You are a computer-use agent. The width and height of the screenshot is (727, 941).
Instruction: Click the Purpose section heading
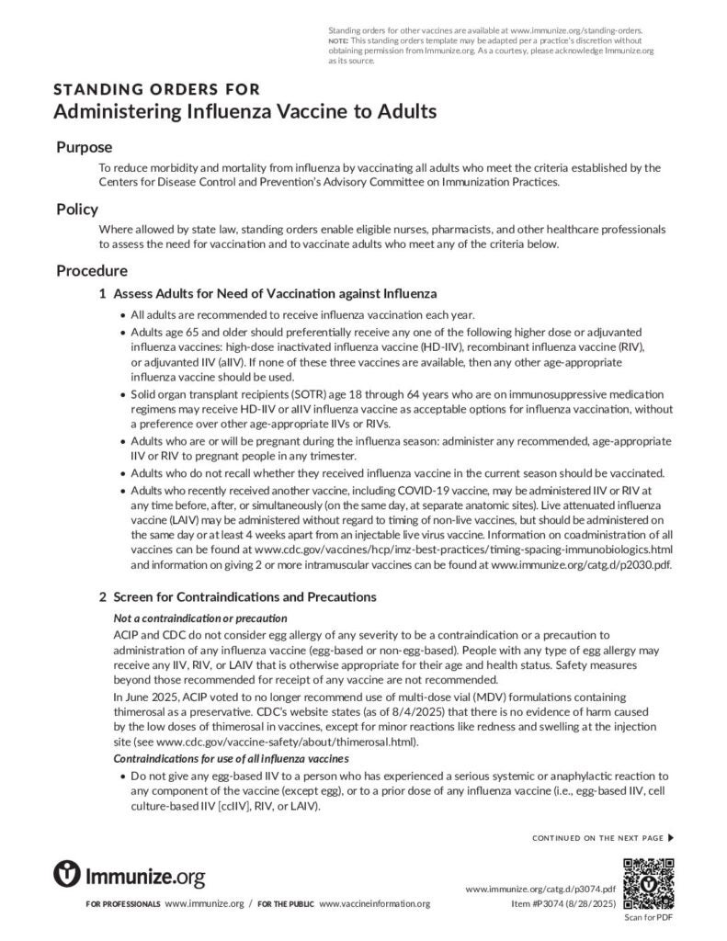click(x=85, y=147)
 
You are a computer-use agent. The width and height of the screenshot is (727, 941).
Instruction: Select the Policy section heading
click(x=77, y=209)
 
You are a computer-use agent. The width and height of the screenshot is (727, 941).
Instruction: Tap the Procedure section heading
click(x=92, y=271)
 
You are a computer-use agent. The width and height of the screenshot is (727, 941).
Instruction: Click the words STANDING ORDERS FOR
click(x=157, y=89)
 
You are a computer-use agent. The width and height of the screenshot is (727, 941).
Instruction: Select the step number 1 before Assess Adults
click(x=102, y=293)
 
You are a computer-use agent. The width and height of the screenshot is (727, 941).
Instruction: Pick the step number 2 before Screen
click(x=102, y=596)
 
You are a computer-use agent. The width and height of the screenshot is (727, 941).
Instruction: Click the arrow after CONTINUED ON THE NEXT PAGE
click(x=671, y=837)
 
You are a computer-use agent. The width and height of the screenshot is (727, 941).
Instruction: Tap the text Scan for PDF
click(x=649, y=917)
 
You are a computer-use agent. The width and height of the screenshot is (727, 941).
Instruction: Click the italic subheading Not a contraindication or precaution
click(x=199, y=618)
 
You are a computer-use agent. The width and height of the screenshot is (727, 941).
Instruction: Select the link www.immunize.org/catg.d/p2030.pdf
click(x=582, y=565)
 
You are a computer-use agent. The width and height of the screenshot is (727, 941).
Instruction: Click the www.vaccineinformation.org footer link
click(x=374, y=904)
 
